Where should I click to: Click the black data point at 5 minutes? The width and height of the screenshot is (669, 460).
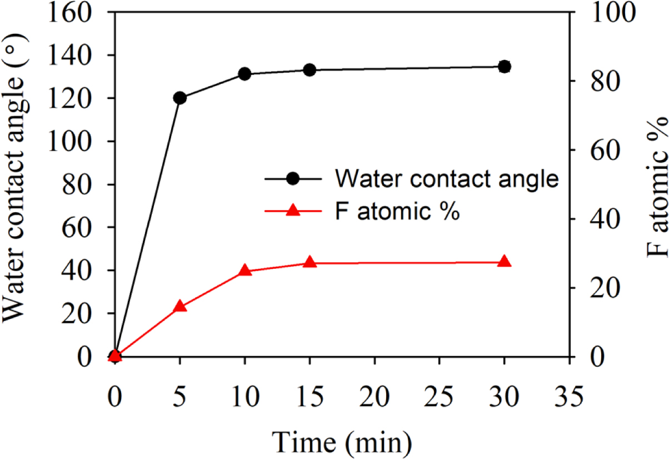point(179,98)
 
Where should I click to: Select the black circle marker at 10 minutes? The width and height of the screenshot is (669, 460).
point(244,74)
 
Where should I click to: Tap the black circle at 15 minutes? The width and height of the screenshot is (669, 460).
point(309,70)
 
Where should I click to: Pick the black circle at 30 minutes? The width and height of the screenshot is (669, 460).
point(504,67)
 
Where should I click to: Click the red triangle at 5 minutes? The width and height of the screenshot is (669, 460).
point(179,306)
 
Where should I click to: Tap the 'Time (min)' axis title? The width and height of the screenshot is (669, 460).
point(342,442)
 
